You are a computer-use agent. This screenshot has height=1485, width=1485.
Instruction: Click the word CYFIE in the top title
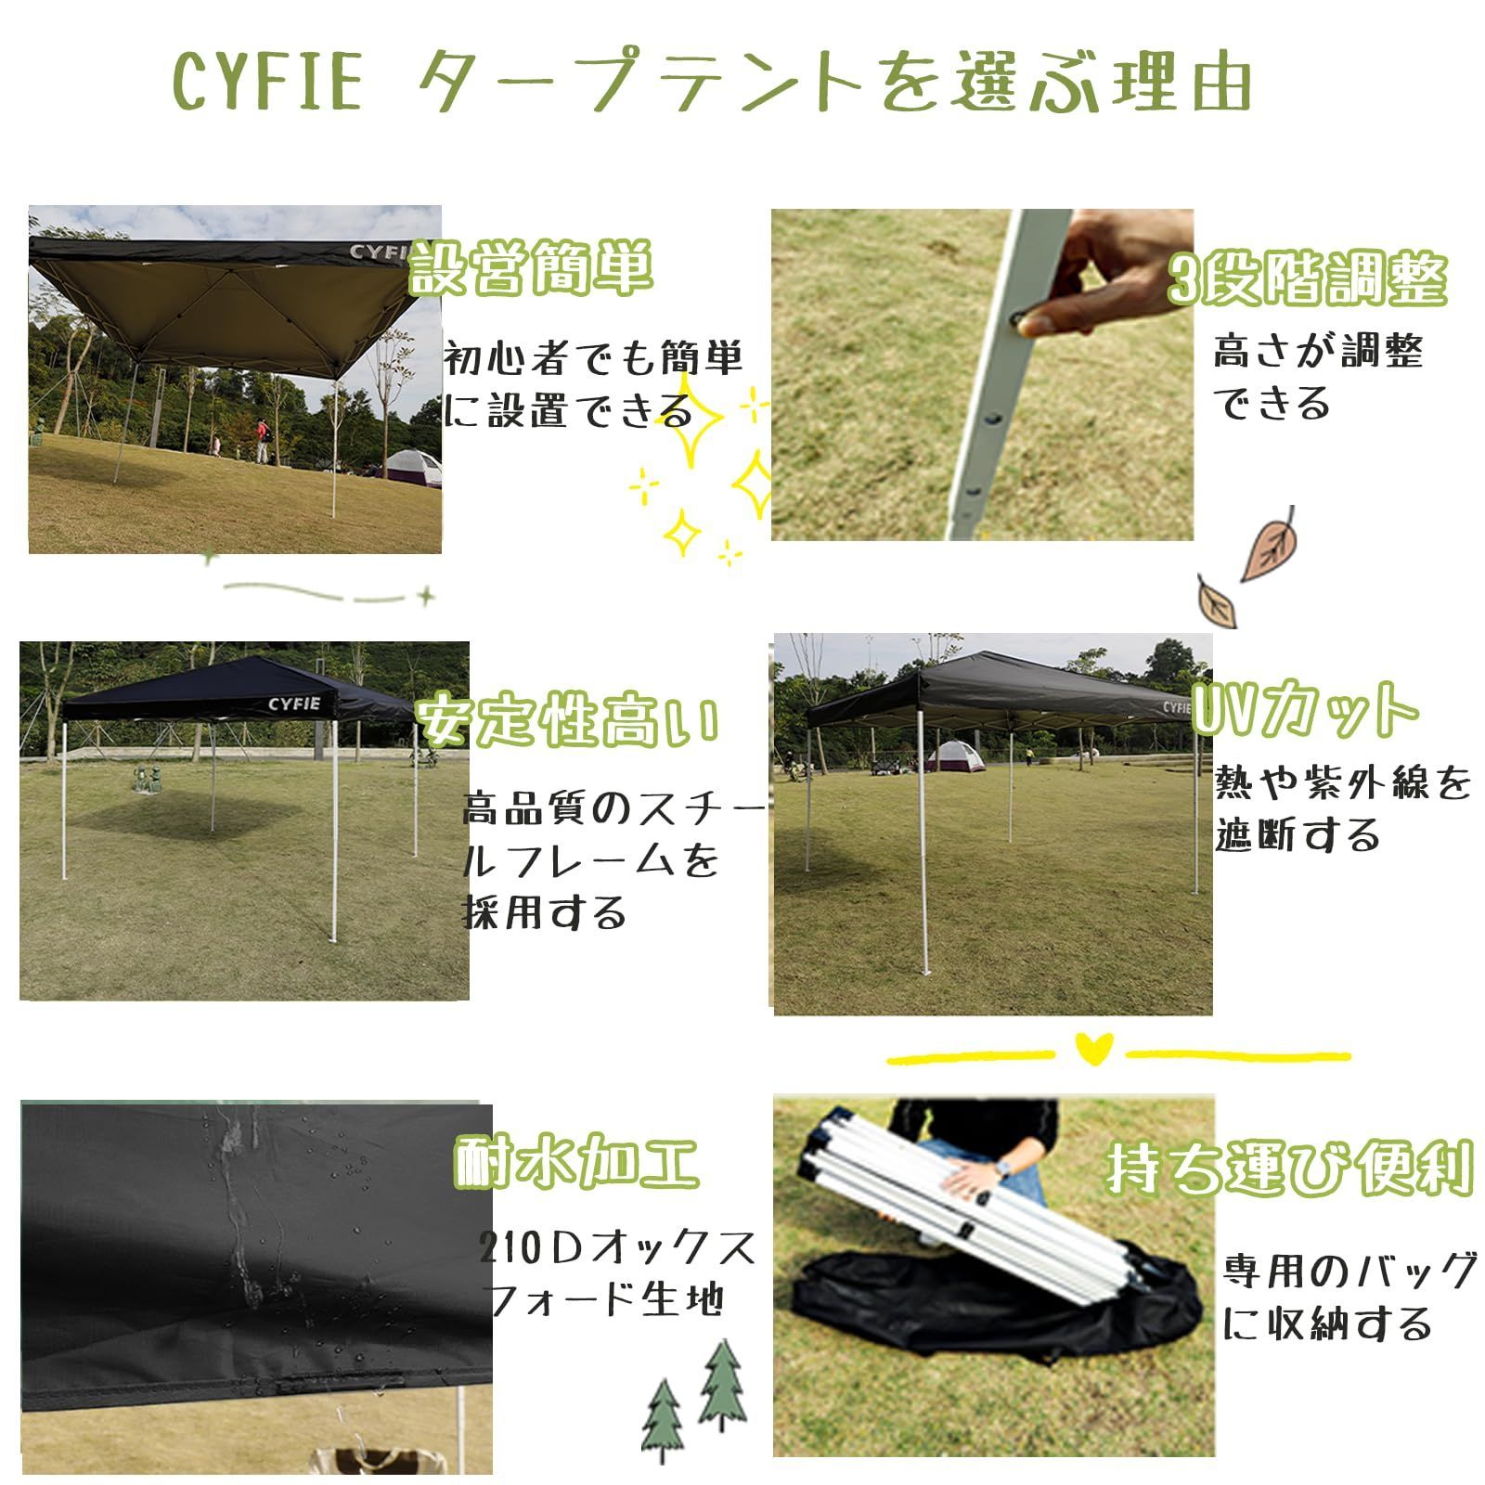click(266, 82)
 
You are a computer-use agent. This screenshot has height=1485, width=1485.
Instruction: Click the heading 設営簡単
click(532, 267)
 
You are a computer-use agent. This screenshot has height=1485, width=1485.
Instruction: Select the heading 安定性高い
click(567, 720)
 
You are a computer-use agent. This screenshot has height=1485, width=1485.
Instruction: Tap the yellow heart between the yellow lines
click(1093, 1048)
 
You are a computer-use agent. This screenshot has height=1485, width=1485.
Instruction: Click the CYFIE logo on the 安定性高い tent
click(294, 704)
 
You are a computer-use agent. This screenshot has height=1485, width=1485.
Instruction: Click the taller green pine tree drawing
click(722, 1385)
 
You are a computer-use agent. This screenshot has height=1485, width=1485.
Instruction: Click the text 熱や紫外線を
click(1343, 783)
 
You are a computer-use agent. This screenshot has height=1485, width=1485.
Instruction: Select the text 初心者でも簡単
click(593, 358)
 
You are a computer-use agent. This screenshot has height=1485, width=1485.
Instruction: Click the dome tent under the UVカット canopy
click(955, 755)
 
